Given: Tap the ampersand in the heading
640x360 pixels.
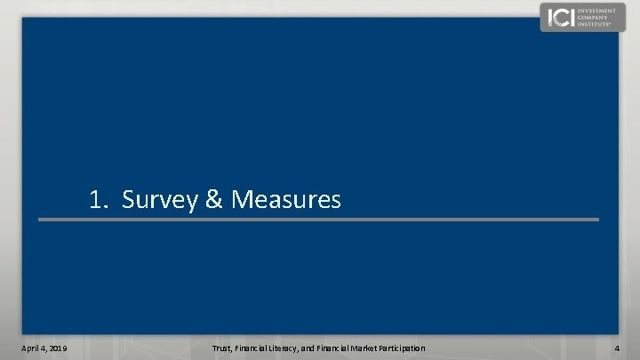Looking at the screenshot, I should (213, 200).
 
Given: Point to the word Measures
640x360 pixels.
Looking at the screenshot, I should (285, 200).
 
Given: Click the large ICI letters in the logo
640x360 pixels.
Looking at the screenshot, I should (560, 17).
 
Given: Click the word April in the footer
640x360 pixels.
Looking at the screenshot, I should (32, 347).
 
